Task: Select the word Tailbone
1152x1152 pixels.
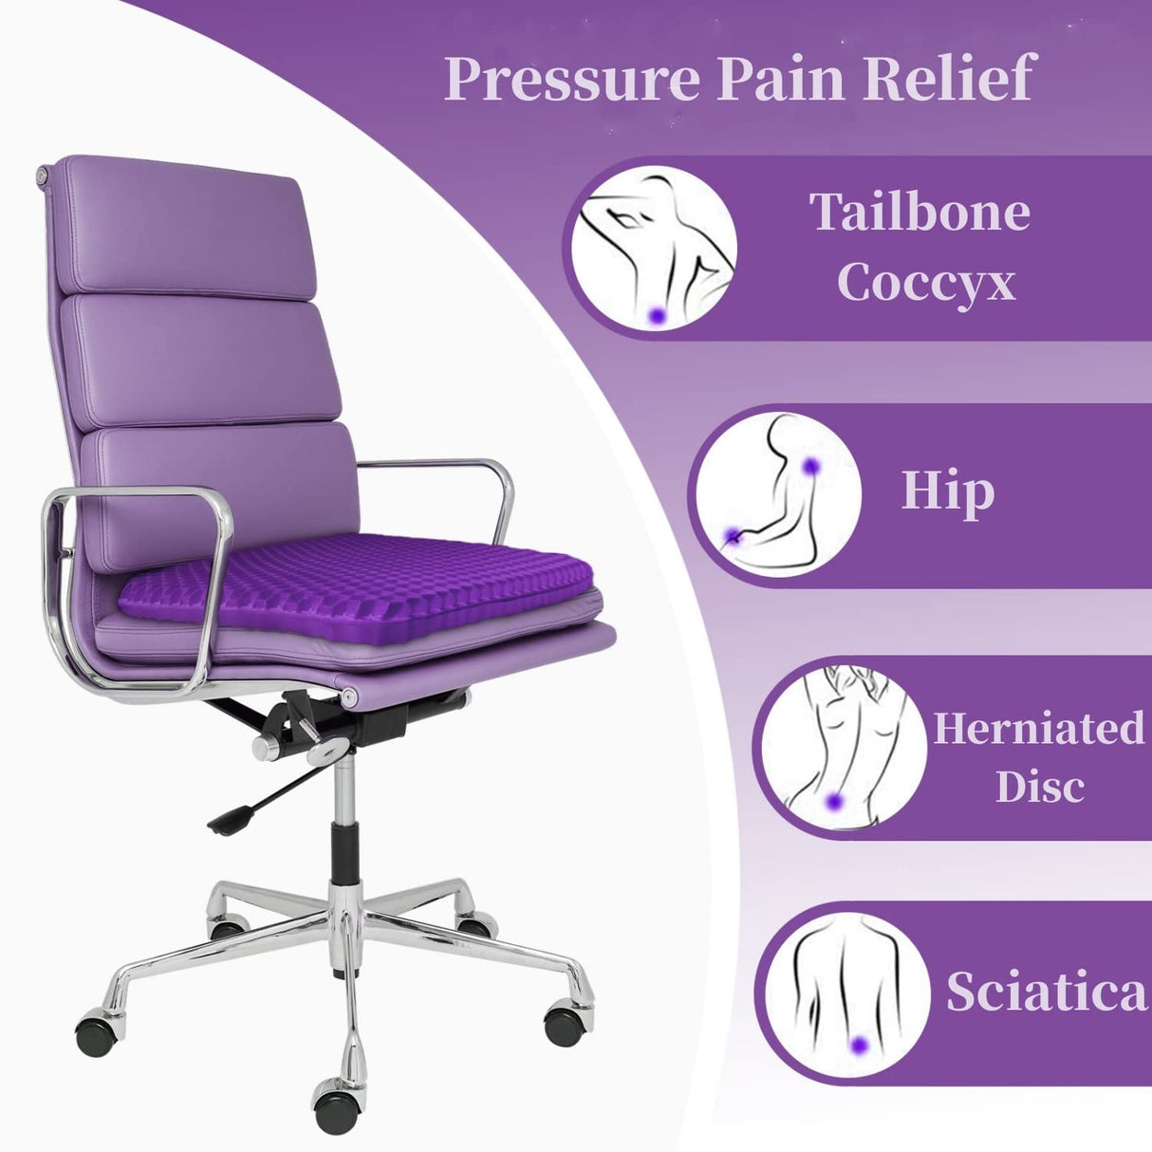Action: point(919,212)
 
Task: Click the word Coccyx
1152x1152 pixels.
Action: point(925,282)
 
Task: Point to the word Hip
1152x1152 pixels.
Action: point(947,491)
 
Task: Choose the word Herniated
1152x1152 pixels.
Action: point(1039,729)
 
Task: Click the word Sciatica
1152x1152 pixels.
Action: point(1047,992)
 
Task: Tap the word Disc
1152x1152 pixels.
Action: point(1040,787)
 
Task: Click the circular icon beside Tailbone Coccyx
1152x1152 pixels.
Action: point(656,250)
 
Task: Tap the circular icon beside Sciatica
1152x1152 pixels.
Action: point(846,994)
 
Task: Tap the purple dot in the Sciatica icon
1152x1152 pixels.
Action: point(860,1045)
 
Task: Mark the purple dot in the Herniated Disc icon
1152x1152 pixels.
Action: point(834,801)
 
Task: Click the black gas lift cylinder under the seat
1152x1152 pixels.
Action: point(345,848)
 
